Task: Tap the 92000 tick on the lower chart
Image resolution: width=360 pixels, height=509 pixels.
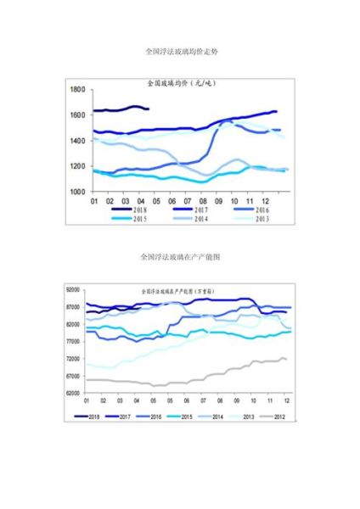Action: tap(71, 290)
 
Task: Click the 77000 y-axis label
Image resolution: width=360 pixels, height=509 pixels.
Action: tap(71, 342)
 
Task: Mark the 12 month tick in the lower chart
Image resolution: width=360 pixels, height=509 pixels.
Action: tap(287, 400)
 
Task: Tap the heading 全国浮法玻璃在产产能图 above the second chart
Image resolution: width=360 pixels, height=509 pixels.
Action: tap(181, 255)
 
